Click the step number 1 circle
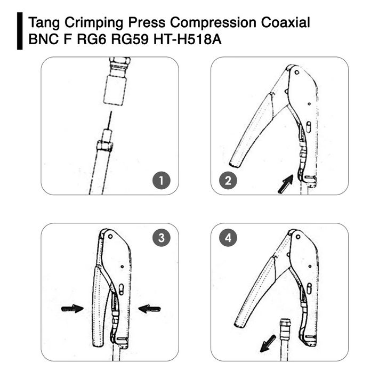162,181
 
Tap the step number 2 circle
229,181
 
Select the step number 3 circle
162,238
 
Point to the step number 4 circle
229,238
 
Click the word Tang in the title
43,23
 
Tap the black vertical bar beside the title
20,32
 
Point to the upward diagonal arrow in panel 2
286,184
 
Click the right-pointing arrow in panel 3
72,308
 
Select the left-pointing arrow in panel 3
149,308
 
